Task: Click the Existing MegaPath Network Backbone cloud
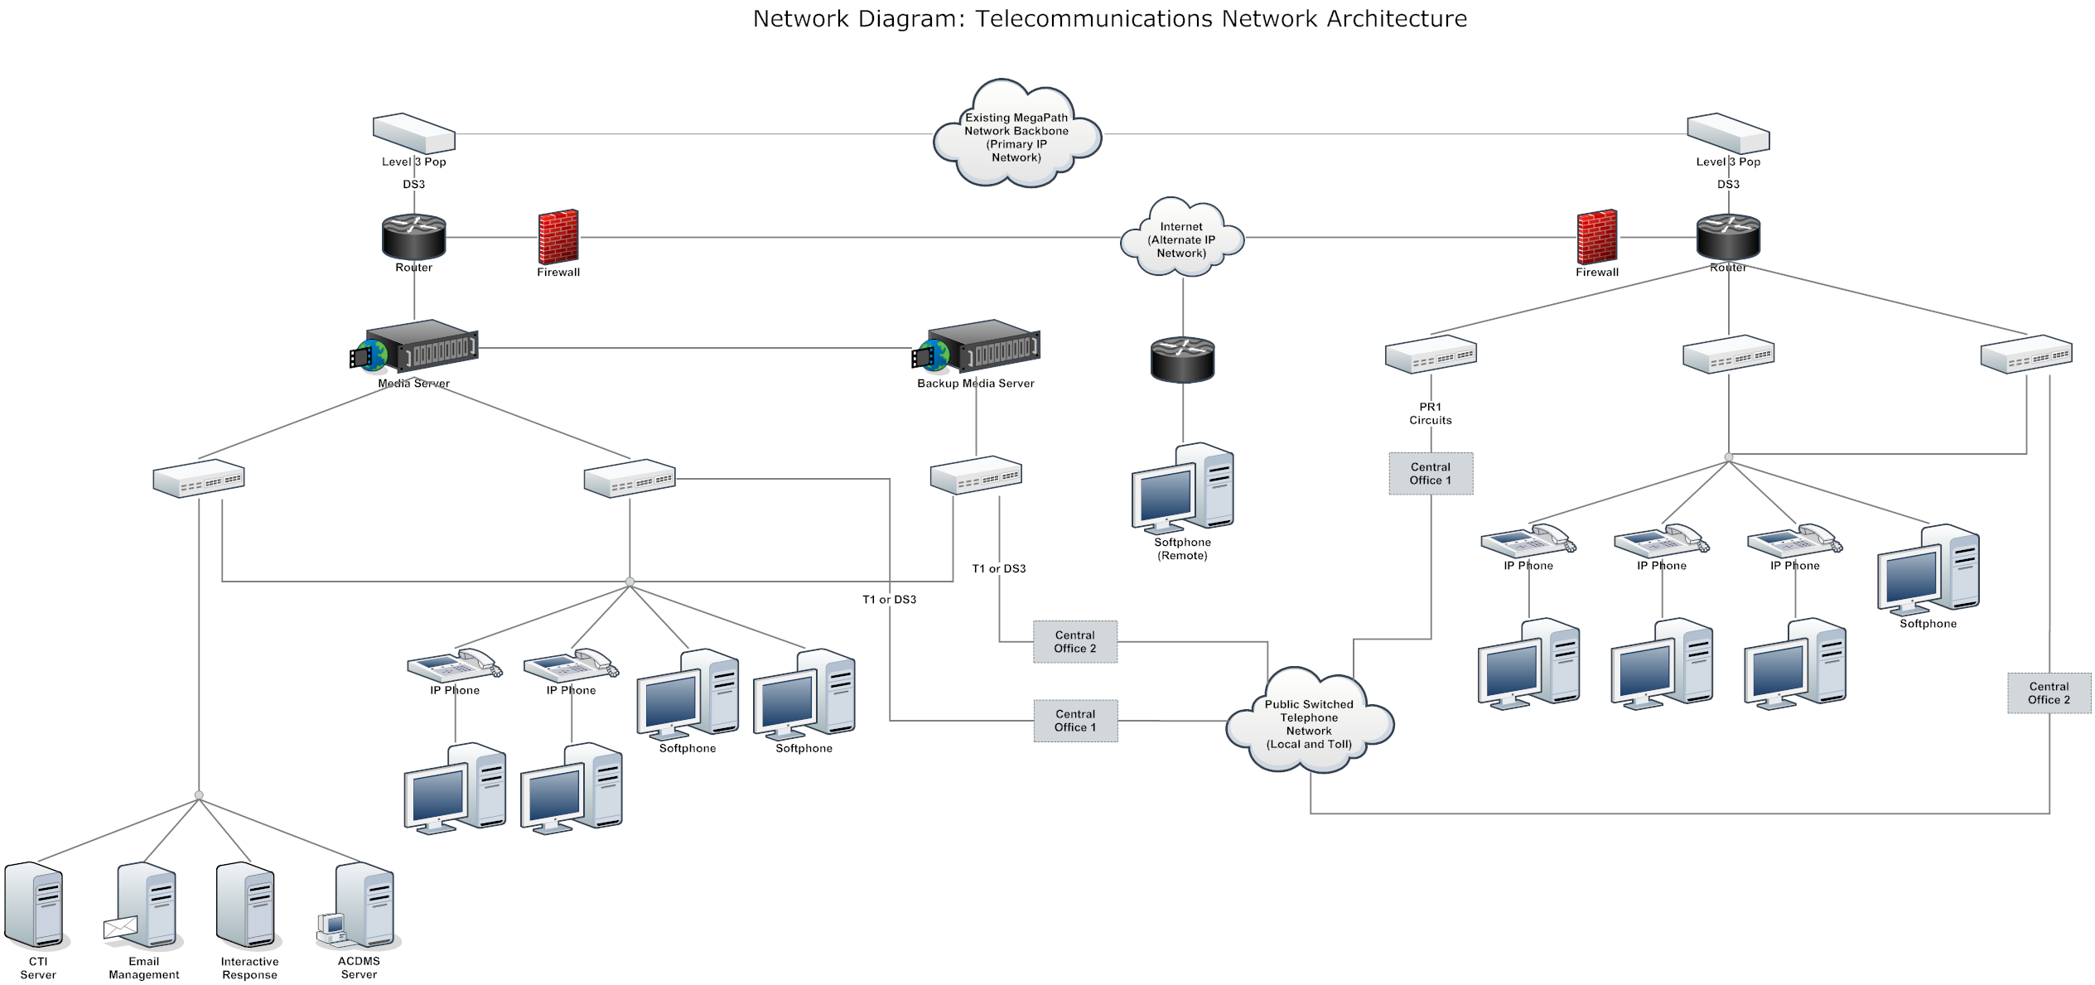coord(1016,135)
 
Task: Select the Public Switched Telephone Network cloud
coord(1309,722)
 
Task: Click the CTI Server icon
coord(35,905)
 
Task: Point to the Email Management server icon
coord(143,905)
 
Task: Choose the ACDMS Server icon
coord(361,905)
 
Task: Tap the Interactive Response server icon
coord(247,905)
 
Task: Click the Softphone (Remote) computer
coord(1183,489)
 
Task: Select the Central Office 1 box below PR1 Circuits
coord(1431,474)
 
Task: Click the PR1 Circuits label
coord(1431,413)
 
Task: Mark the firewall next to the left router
coord(558,237)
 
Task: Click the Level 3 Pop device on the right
coord(1728,133)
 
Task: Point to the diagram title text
coord(1109,18)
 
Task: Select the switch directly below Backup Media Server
coord(976,476)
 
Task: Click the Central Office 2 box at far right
coord(2049,693)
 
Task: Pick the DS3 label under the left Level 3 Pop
coord(414,184)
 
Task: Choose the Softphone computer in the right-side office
coord(1928,570)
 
